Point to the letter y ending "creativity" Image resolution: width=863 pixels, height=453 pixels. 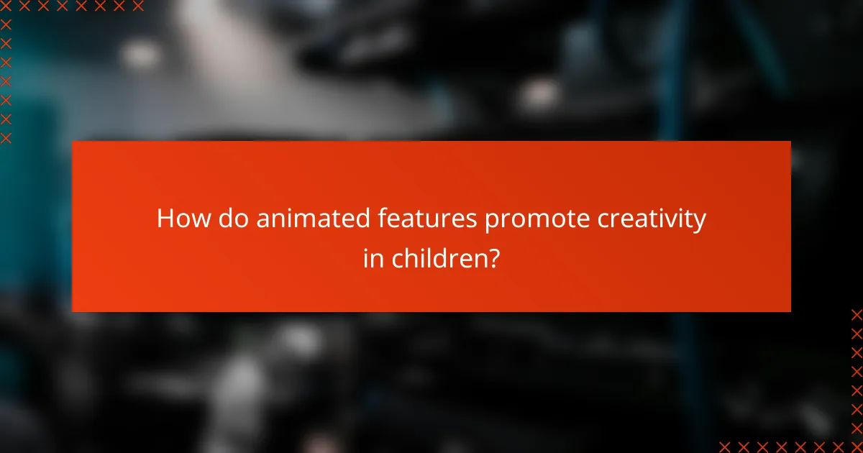tap(699, 223)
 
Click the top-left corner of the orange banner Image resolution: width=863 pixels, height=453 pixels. tap(73, 142)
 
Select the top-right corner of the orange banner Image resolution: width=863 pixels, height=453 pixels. tap(790, 142)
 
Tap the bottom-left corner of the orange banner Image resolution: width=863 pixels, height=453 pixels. tap(73, 311)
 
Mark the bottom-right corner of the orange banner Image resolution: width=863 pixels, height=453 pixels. tap(790, 311)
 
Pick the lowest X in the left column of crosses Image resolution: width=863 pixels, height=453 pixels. tap(6, 137)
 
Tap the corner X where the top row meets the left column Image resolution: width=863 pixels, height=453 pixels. tap(6, 6)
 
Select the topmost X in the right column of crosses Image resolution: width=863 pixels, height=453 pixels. tap(856, 314)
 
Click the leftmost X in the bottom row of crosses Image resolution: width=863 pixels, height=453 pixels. tap(725, 446)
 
